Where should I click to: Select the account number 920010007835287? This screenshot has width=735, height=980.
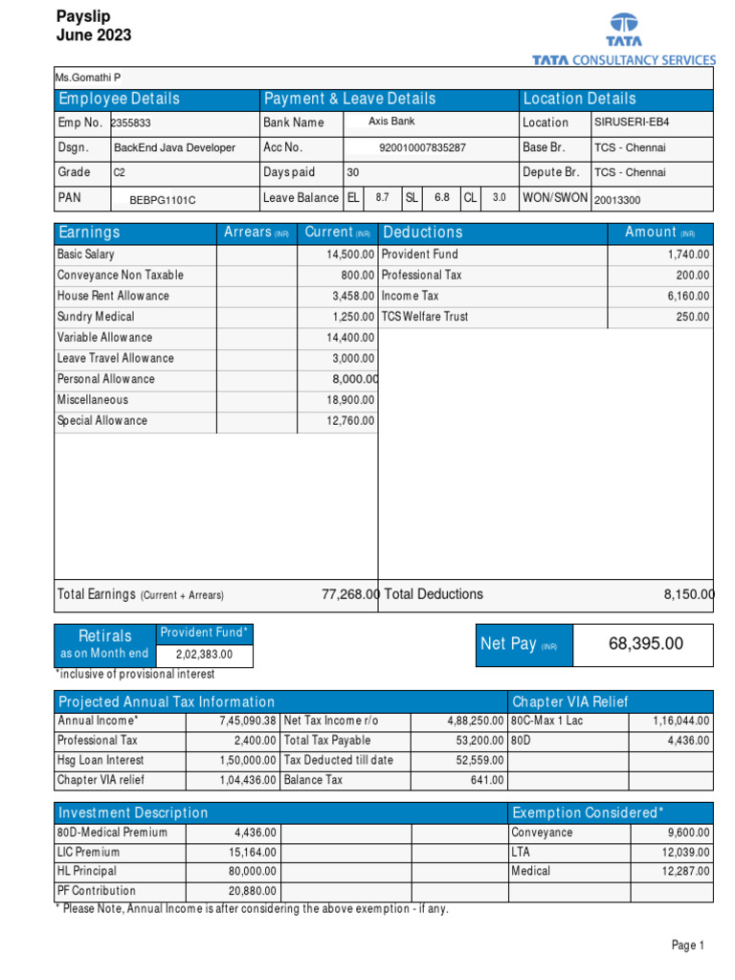(423, 148)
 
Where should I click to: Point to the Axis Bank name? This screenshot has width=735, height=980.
(391, 122)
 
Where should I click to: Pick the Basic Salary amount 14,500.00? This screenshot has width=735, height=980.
(350, 255)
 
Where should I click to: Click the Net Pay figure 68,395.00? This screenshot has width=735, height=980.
(646, 644)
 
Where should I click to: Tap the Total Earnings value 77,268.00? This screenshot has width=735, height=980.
(350, 594)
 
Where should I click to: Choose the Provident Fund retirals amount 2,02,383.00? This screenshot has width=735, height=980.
(205, 656)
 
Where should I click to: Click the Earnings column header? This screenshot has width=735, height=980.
(90, 233)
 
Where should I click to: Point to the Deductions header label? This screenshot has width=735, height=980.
(422, 233)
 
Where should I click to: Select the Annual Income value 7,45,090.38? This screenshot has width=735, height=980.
(247, 721)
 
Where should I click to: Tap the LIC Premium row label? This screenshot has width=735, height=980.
(89, 853)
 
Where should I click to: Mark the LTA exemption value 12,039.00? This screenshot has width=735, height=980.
(684, 853)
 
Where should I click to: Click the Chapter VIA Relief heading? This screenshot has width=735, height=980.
(570, 702)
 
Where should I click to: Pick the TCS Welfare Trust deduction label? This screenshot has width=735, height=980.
(425, 317)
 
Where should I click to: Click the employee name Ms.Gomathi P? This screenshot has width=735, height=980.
(89, 78)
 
